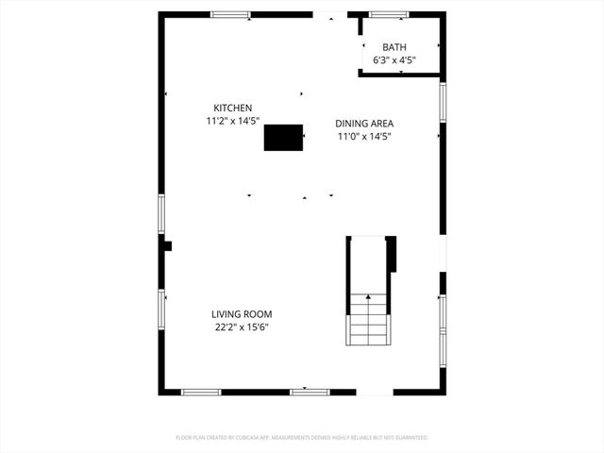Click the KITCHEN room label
(x=232, y=108)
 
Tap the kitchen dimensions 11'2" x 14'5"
(x=232, y=121)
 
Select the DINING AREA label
(x=364, y=123)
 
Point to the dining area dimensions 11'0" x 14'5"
(x=364, y=136)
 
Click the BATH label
(x=394, y=47)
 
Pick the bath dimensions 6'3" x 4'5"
(x=394, y=60)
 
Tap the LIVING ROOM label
(x=242, y=314)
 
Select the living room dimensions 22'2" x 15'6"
(x=242, y=327)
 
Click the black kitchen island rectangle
(x=283, y=138)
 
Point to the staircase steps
(x=368, y=321)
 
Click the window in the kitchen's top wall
(x=230, y=15)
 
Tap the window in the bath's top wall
(x=388, y=15)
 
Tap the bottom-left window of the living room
(x=201, y=392)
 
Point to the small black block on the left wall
(x=168, y=246)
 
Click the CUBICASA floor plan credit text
(x=302, y=438)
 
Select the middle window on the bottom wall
(x=309, y=392)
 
